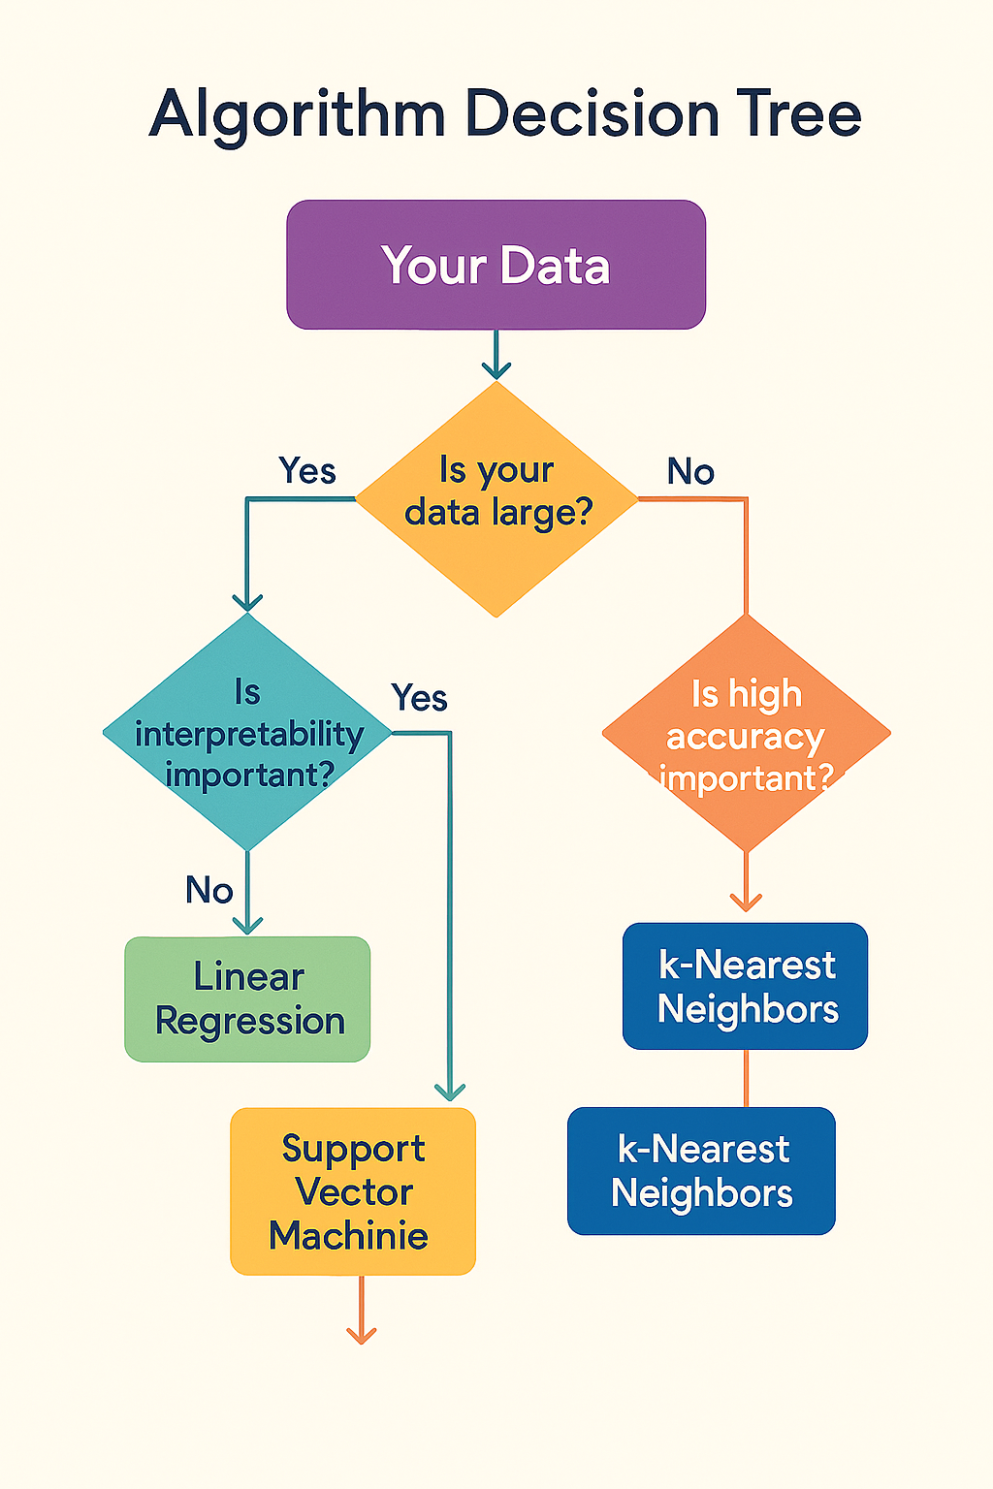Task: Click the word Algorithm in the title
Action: [297, 115]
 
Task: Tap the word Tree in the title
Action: [801, 114]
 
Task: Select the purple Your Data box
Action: [496, 265]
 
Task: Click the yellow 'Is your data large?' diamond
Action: [496, 498]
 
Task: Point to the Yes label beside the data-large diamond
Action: [306, 471]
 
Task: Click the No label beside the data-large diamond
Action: [690, 472]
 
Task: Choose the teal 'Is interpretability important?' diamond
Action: [248, 733]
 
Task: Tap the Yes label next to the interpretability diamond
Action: [419, 698]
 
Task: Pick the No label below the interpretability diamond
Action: [209, 890]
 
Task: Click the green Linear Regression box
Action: [248, 999]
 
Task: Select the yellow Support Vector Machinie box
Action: [353, 1191]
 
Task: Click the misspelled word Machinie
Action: [349, 1236]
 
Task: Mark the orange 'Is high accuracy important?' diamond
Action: [746, 734]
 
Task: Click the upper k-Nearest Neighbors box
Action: [745, 986]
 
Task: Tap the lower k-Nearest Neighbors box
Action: [701, 1171]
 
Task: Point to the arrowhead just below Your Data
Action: [496, 369]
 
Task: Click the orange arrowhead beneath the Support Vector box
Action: [361, 1335]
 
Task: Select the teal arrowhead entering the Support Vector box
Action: [450, 1092]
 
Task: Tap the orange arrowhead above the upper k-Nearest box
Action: [746, 903]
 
